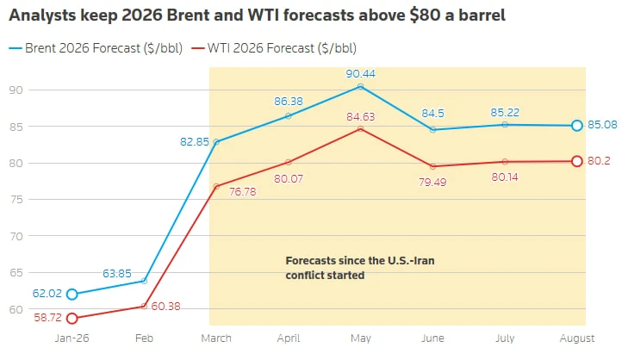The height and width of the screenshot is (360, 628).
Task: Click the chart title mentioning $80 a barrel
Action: [257, 16]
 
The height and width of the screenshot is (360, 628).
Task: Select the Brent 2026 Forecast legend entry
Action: [96, 48]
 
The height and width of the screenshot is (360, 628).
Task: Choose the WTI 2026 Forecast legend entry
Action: [274, 48]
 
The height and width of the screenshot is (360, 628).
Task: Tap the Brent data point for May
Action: [360, 86]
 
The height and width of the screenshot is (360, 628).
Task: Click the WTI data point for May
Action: [360, 129]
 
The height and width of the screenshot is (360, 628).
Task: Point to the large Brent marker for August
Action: [576, 126]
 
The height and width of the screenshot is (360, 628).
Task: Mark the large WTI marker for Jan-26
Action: [72, 319]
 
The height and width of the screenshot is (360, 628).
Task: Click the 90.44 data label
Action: [360, 74]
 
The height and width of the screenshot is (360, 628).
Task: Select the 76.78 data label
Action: [242, 192]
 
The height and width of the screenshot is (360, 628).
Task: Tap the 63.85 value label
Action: [117, 274]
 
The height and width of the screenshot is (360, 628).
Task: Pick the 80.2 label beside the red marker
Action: [599, 161]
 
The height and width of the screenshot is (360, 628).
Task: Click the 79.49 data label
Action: [432, 183]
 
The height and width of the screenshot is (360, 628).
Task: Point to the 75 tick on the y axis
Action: [16, 200]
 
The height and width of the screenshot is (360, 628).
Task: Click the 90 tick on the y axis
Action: [16, 90]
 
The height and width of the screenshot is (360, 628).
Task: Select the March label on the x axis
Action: [216, 338]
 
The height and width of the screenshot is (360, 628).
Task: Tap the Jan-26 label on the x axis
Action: [72, 338]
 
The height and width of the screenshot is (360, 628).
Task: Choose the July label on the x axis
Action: [505, 338]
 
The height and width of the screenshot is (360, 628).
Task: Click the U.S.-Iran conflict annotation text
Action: [360, 268]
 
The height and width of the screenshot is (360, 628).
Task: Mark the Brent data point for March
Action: [216, 142]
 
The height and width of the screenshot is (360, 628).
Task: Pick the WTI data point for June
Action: [432, 166]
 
